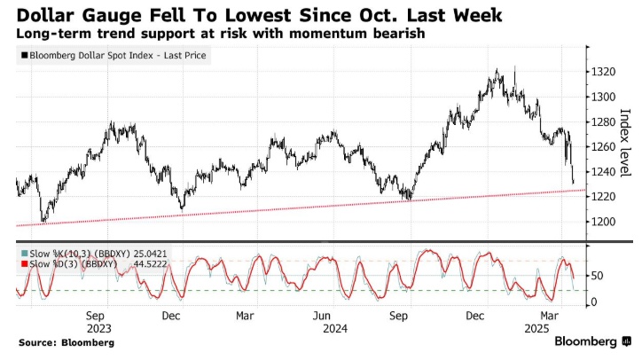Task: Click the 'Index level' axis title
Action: pyautogui.click(x=624, y=142)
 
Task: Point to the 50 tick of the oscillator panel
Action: pyautogui.click(x=596, y=277)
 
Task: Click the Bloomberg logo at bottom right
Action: pyautogui.click(x=591, y=341)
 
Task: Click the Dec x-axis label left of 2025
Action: pyautogui.click(x=474, y=315)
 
